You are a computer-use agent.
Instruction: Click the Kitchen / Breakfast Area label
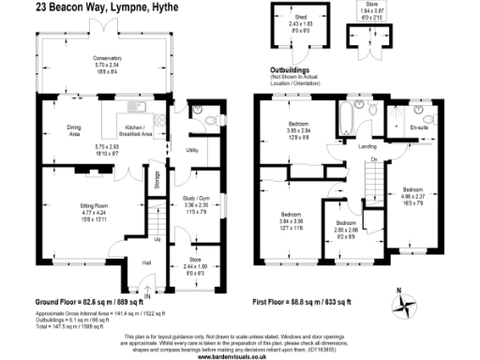(x=138, y=132)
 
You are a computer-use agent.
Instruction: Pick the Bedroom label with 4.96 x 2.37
(x=413, y=188)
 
